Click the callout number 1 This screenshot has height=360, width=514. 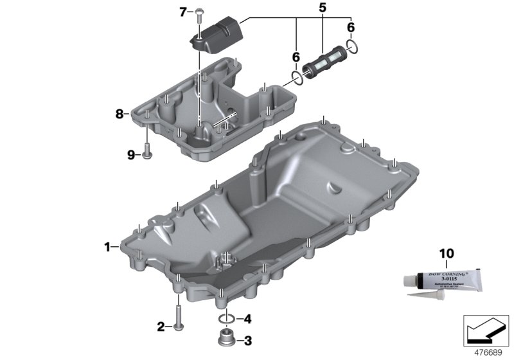coord(108,246)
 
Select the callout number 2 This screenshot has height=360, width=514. coord(161,327)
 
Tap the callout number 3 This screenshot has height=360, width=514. coord(248,340)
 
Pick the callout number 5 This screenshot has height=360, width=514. coord(322,8)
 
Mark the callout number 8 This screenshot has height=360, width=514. coord(119,114)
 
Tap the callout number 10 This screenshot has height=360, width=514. coord(445,253)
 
